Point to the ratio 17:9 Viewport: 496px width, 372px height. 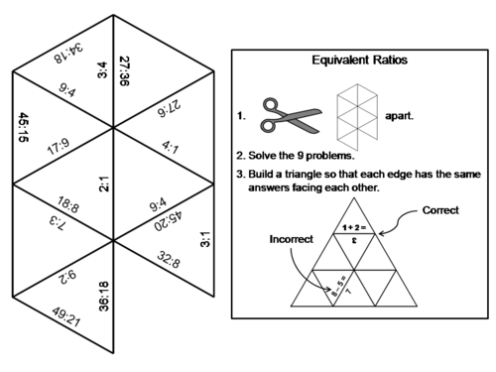59,151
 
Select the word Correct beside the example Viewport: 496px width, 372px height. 441,210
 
